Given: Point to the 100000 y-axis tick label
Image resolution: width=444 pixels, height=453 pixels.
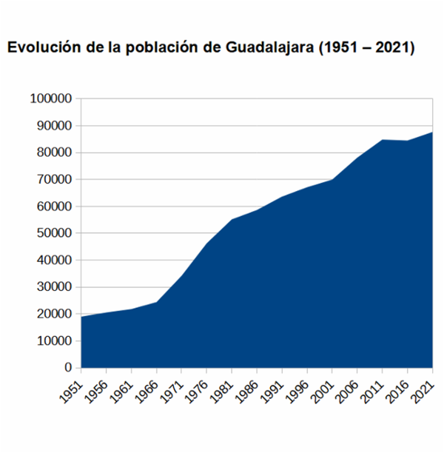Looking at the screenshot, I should (x=51, y=99).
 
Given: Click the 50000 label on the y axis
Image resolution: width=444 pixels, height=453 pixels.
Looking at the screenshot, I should (x=54, y=233).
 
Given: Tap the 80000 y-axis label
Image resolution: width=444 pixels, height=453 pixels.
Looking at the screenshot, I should (x=54, y=152).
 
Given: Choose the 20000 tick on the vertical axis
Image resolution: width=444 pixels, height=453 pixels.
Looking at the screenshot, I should (x=54, y=314).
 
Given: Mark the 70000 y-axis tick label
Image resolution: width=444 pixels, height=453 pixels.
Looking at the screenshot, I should (x=54, y=180).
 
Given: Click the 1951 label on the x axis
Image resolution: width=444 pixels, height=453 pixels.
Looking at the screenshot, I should (x=73, y=387).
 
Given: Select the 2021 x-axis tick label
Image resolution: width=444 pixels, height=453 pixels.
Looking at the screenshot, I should (x=424, y=387).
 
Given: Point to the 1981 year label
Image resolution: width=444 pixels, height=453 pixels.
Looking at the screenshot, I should (x=223, y=387).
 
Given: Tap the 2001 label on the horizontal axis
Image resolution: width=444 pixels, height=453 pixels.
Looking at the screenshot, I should (x=323, y=387).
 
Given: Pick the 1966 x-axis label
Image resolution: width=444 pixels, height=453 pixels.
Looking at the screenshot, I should (x=148, y=387).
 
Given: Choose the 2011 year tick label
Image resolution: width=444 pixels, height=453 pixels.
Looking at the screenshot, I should (x=374, y=387).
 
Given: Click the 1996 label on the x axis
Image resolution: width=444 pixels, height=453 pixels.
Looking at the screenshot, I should (x=298, y=387).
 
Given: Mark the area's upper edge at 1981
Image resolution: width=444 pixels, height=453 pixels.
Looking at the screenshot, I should (x=232, y=219).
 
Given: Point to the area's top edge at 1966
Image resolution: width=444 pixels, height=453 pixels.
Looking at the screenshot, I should (x=157, y=302).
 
